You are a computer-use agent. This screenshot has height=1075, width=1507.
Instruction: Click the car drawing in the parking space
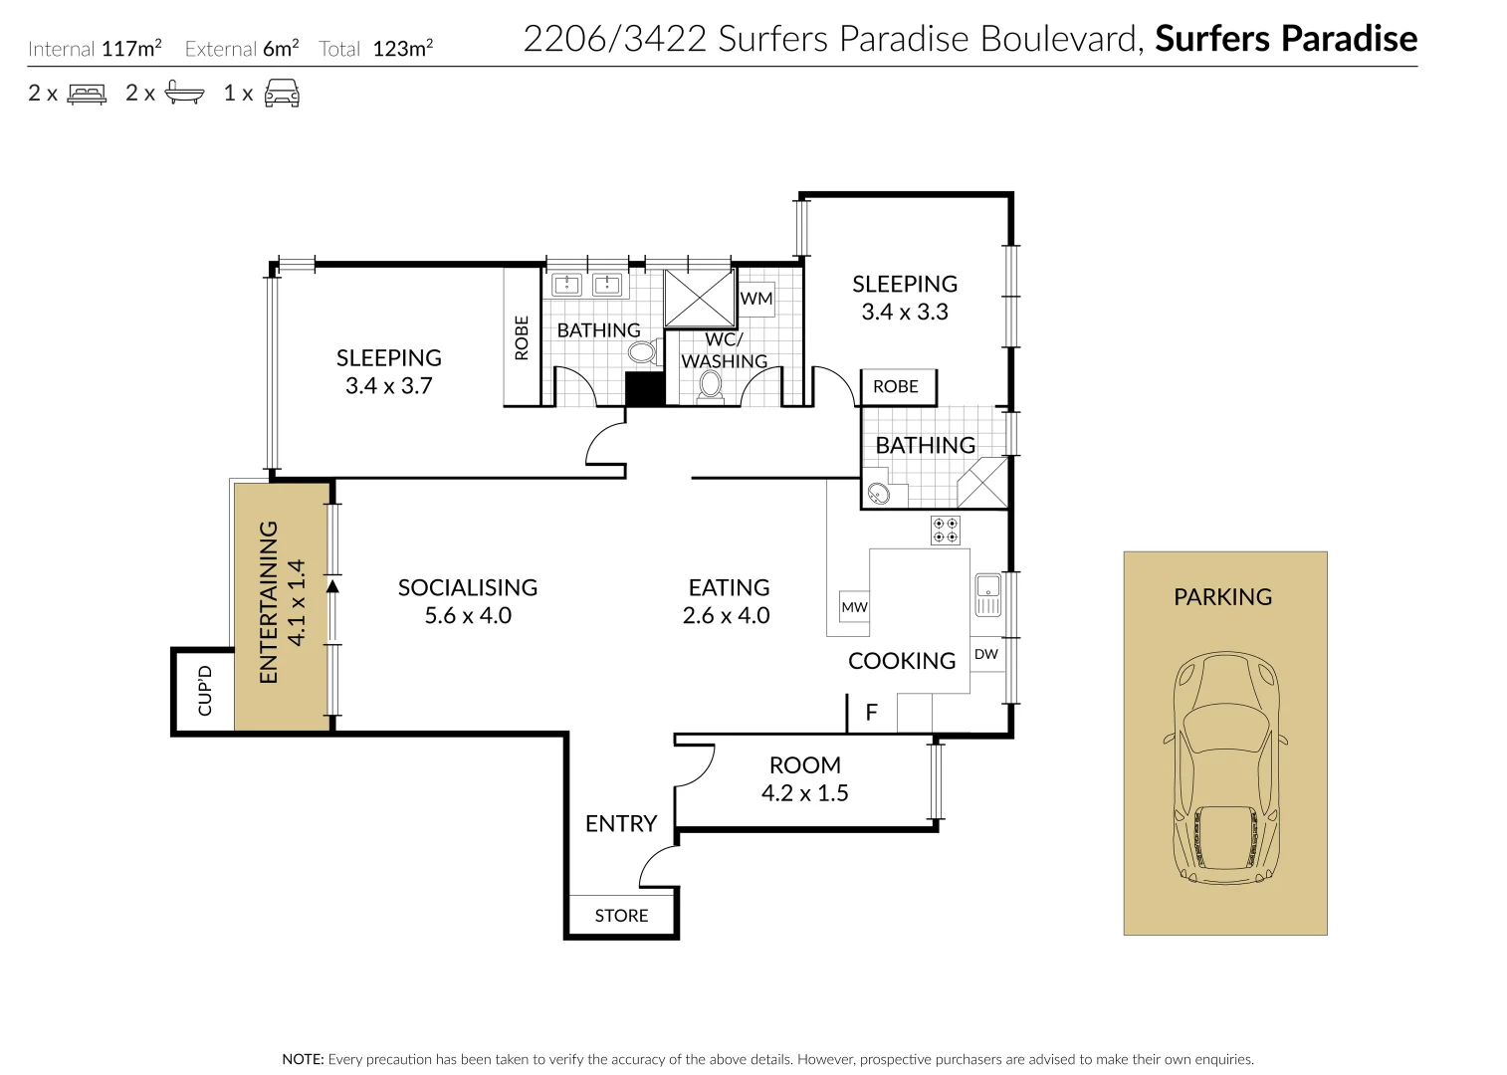[1224, 767]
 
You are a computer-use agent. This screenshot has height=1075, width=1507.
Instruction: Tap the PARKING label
[1222, 597]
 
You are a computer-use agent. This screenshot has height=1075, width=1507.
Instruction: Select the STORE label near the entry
[621, 916]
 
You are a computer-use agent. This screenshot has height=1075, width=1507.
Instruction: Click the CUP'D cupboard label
[205, 691]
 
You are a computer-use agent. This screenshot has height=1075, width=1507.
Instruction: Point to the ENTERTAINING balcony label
[269, 602]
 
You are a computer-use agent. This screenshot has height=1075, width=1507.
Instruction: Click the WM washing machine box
[756, 299]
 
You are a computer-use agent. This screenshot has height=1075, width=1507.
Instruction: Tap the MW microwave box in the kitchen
[854, 607]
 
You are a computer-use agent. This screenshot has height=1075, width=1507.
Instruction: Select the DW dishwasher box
[986, 654]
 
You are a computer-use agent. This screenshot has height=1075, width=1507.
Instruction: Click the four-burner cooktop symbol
[945, 530]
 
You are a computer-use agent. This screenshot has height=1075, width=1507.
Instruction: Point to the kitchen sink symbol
[987, 594]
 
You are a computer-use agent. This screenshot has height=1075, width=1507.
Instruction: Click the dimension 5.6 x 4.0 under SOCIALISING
[468, 616]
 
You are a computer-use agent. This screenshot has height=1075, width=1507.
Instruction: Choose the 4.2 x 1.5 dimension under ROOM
[804, 793]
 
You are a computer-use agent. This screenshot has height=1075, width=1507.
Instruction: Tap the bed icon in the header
[87, 94]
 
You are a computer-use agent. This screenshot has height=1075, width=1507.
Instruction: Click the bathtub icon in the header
[184, 94]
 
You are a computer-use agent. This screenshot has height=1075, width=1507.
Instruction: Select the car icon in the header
[282, 94]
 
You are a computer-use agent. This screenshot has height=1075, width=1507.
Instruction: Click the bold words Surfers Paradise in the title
[1285, 39]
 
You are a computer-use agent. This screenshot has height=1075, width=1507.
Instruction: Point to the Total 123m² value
[402, 49]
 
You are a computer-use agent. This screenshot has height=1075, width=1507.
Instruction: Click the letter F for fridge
[872, 713]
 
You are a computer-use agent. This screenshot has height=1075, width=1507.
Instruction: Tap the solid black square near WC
[644, 388]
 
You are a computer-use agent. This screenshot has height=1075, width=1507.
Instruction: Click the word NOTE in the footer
[303, 1059]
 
